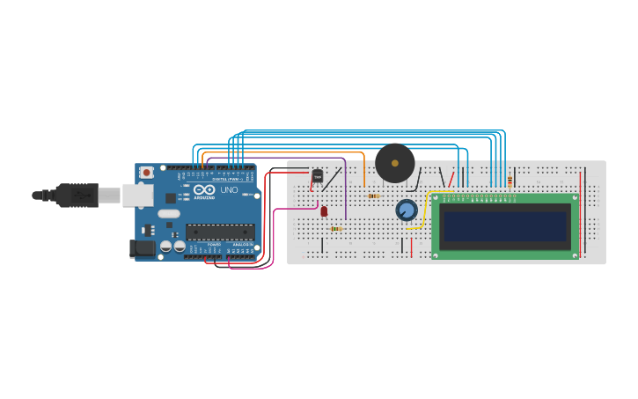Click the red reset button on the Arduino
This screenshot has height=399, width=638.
pyautogui.click(x=146, y=173)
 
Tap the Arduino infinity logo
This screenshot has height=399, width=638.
pyautogui.click(x=204, y=189)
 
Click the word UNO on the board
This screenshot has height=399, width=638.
pyautogui.click(x=229, y=189)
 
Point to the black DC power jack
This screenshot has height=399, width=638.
pyautogui.click(x=142, y=249)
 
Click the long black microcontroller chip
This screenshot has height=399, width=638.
pyautogui.click(x=220, y=233)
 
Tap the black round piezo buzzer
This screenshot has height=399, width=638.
pyautogui.click(x=395, y=163)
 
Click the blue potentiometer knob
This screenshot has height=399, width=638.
pyautogui.click(x=406, y=211)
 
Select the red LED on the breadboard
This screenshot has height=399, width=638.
pyautogui.click(x=324, y=211)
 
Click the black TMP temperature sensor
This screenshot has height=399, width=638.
pyautogui.click(x=318, y=176)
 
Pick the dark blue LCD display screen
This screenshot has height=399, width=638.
pyautogui.click(x=505, y=226)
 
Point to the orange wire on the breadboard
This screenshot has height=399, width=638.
pyautogui.click(x=363, y=172)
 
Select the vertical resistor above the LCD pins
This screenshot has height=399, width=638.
pyautogui.click(x=510, y=181)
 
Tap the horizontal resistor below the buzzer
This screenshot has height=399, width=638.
pyautogui.click(x=374, y=196)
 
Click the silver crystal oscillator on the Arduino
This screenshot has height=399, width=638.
pyautogui.click(x=170, y=213)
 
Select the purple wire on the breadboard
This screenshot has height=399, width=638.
pyautogui.click(x=346, y=189)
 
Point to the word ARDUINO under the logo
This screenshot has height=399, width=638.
pyautogui.click(x=204, y=198)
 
